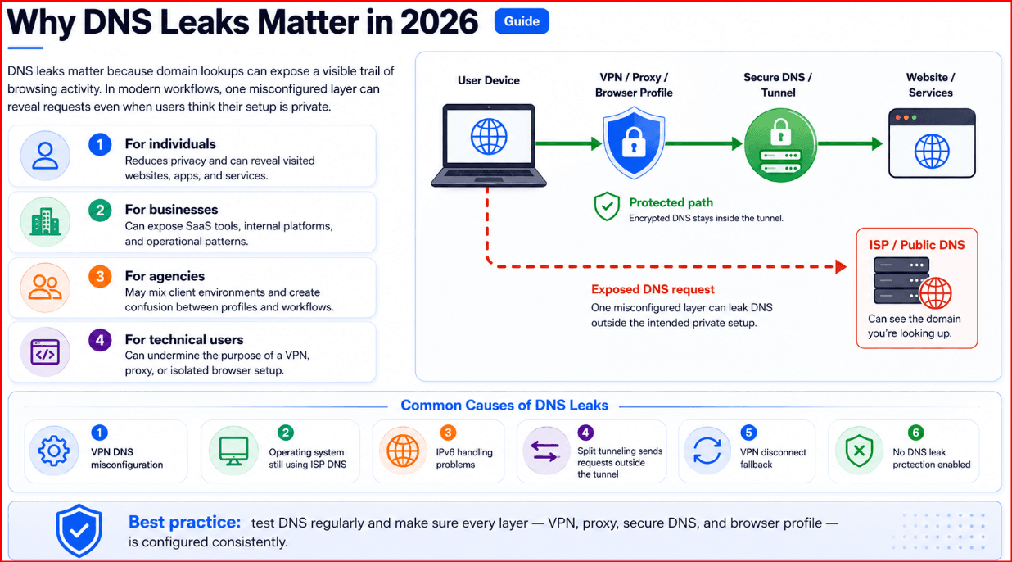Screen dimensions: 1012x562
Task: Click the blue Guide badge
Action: pyautogui.click(x=522, y=21)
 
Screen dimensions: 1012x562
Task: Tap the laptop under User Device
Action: pyautogui.click(x=488, y=146)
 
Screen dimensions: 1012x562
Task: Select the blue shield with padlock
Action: pyautogui.click(x=634, y=143)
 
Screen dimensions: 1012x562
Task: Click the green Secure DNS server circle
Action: pyautogui.click(x=780, y=145)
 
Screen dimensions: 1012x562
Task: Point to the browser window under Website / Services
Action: pyautogui.click(x=932, y=143)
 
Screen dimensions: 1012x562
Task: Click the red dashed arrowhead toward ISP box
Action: pyautogui.click(x=841, y=267)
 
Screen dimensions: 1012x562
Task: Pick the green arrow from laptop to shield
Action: pyautogui.click(x=569, y=144)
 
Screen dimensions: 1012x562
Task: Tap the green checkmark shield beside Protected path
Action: pyautogui.click(x=607, y=206)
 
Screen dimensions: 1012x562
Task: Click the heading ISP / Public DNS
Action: pyautogui.click(x=917, y=245)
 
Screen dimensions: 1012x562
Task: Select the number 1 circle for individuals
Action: pyautogui.click(x=100, y=145)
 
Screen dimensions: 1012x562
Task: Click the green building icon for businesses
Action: pyautogui.click(x=45, y=221)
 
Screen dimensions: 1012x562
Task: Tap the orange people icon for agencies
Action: pyautogui.click(x=45, y=288)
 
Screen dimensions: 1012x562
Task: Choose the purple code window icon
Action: pyautogui.click(x=45, y=351)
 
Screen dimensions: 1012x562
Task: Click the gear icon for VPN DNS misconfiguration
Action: pyautogui.click(x=54, y=451)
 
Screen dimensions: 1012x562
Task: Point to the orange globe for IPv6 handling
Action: pyautogui.click(x=403, y=451)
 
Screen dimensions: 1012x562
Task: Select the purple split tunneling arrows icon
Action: pyautogui.click(x=545, y=451)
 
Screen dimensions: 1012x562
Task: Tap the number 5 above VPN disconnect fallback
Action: pyautogui.click(x=748, y=433)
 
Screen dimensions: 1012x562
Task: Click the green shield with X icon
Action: pyautogui.click(x=859, y=451)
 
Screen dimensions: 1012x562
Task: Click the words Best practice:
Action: pyautogui.click(x=184, y=522)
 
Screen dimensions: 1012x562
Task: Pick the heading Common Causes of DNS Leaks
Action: pyautogui.click(x=504, y=405)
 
